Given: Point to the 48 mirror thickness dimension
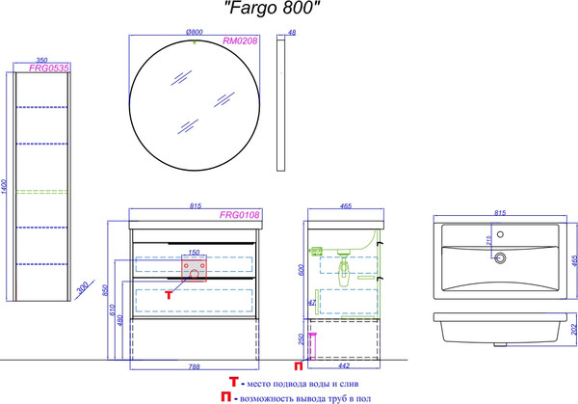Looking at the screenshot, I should click(293, 34).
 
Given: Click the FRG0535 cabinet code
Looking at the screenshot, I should click(43, 68).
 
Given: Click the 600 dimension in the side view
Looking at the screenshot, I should click(302, 273).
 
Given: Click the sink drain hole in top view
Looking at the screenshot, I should click(499, 258).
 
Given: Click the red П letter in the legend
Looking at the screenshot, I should click(224, 396).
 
